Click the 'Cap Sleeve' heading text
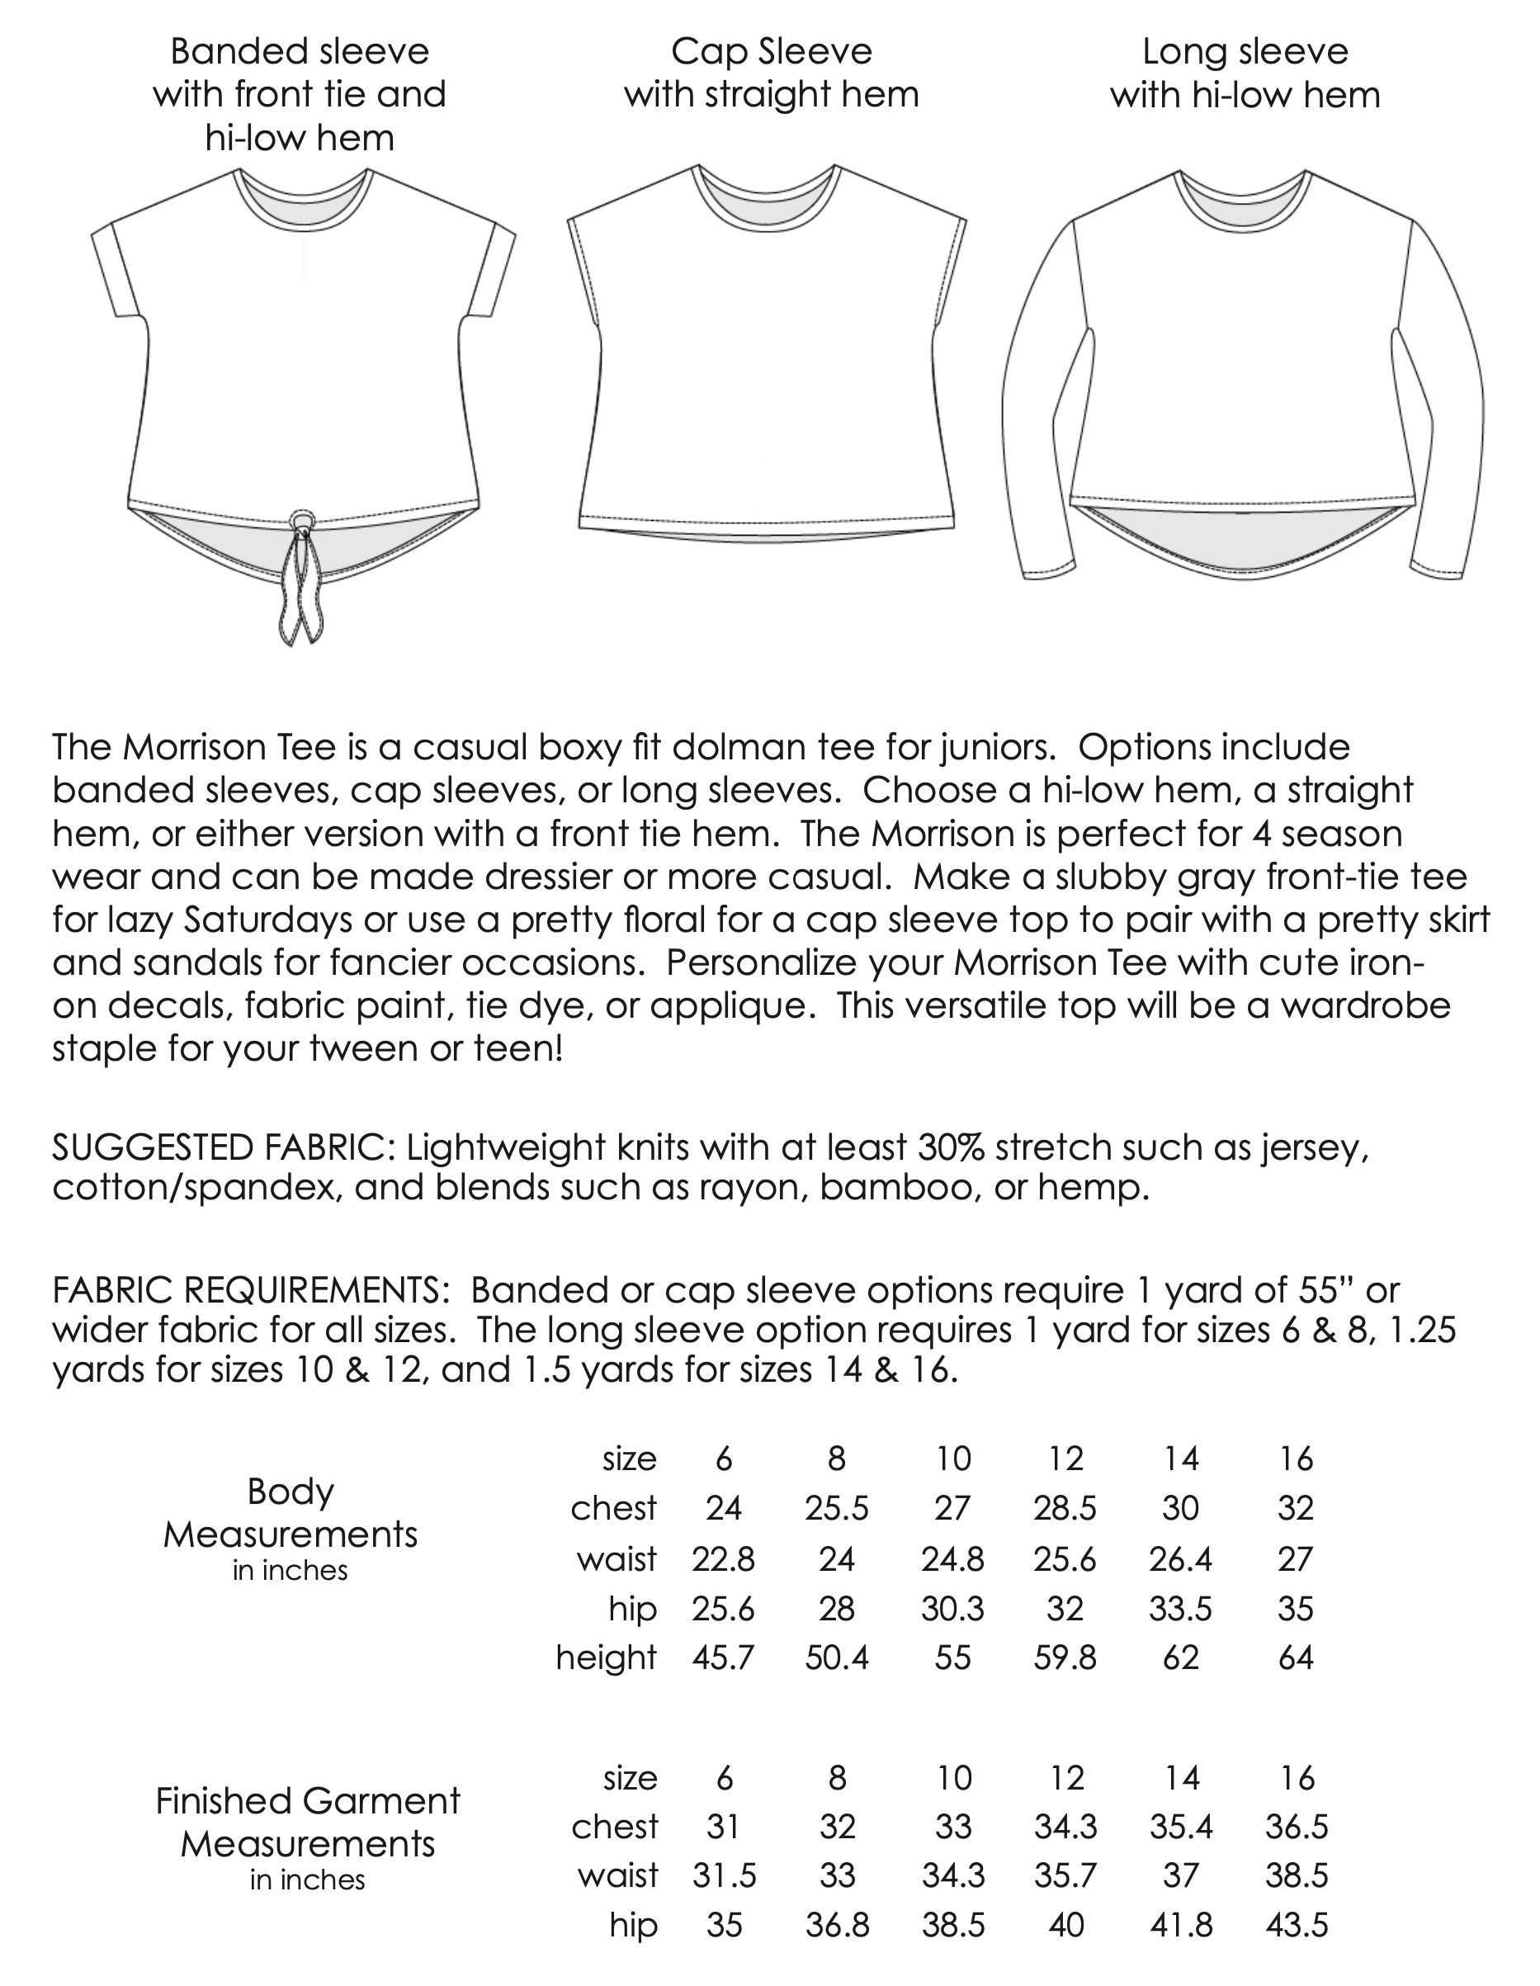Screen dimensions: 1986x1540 [x=771, y=52]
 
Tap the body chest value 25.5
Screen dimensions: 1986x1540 [x=836, y=1509]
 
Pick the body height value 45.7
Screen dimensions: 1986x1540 [x=723, y=1657]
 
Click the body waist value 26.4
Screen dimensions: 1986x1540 [x=1180, y=1558]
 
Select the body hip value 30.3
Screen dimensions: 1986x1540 [x=952, y=1609]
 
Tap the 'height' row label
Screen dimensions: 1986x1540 [x=606, y=1657]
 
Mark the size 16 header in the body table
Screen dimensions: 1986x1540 [x=1296, y=1459]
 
